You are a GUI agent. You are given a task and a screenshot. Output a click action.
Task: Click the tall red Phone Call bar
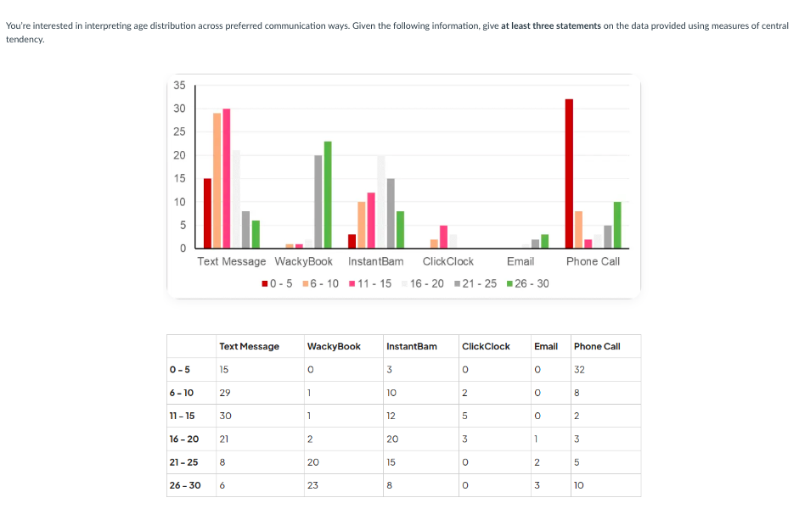pos(569,173)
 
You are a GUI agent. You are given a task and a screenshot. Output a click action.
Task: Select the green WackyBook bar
pos(328,194)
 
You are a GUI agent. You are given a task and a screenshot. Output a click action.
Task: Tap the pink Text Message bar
pos(227,178)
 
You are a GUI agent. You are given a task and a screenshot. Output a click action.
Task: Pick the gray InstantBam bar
pos(391,213)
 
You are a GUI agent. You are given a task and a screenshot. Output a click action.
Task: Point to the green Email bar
pos(544,241)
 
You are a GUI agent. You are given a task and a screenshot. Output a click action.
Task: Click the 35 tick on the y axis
pos(179,85)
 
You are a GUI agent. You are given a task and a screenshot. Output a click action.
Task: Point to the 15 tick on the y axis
pos(179,178)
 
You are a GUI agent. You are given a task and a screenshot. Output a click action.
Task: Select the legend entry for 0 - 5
pos(279,283)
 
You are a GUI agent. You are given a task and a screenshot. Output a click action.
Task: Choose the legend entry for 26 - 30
pos(527,283)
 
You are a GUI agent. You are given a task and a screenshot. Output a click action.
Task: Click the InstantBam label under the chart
pos(375,261)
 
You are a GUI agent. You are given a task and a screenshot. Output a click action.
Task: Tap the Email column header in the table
pos(545,346)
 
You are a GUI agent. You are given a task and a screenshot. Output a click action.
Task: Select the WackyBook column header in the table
pos(334,346)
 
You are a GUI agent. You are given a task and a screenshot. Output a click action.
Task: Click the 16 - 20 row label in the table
pos(184,439)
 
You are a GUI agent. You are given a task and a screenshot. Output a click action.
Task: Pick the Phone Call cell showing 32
pos(579,369)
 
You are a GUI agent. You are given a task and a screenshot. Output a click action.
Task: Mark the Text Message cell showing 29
pos(225,393)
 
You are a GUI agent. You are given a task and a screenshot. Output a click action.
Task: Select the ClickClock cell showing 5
pos(464,416)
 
